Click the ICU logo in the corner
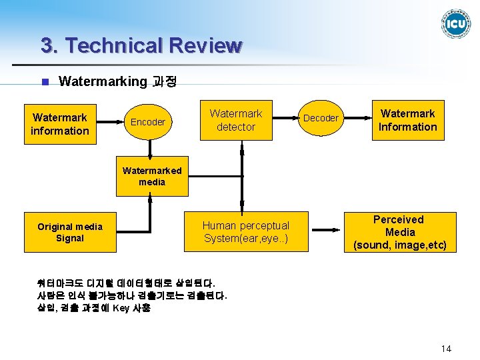coord(456,23)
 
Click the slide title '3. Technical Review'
coord(141,45)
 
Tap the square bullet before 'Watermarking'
coord(45,83)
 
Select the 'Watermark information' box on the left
coord(59,124)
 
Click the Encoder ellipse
coord(147,121)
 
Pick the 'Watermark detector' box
coord(236,120)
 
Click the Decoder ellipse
coord(321,118)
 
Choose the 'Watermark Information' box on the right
coord(407,120)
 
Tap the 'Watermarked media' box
coord(152,176)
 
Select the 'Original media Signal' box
coord(70,232)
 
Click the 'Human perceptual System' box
coord(246,232)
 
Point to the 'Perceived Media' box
coord(399,232)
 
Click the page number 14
coord(446,349)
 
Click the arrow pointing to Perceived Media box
coord(327,233)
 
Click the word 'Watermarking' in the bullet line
coord(102,81)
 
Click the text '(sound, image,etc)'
coord(399,245)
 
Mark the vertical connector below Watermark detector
coord(243,176)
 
